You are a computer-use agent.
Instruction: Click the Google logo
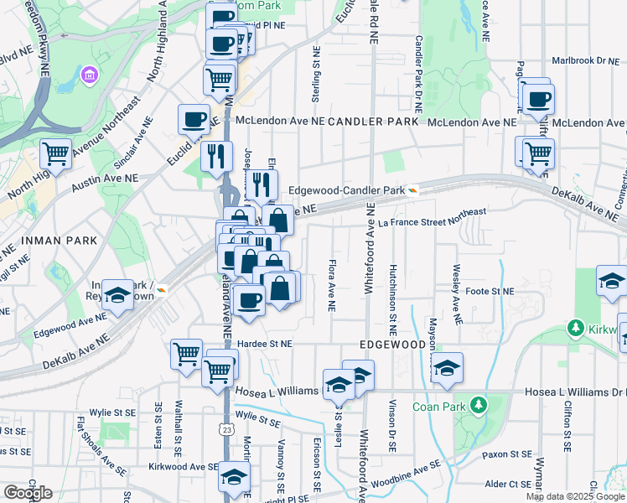point(28,493)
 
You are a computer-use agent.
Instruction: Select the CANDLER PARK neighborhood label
point(372,122)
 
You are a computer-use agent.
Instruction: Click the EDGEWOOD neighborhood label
point(393,345)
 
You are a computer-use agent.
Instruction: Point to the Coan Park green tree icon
point(478,407)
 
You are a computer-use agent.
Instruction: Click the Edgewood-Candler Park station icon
point(413,190)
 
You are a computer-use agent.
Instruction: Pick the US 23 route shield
point(227,430)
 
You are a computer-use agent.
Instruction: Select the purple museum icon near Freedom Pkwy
point(88,79)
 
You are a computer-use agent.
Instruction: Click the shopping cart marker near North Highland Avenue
point(56,155)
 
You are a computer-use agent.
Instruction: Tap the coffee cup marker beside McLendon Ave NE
point(194,119)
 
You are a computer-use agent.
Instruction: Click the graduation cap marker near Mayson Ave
point(448,368)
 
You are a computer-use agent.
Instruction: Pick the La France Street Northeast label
point(432,218)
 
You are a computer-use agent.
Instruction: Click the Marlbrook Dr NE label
point(584,60)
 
